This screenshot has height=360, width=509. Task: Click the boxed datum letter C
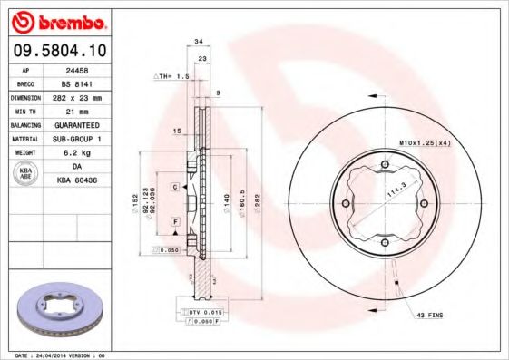(174, 186)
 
